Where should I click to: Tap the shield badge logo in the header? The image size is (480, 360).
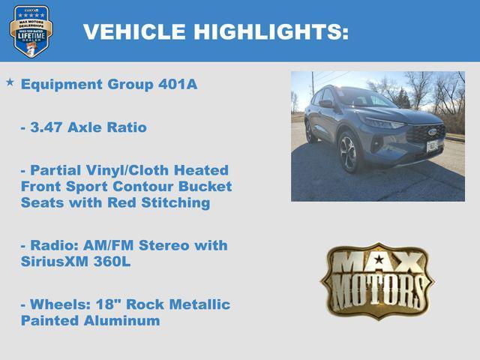point(31,31)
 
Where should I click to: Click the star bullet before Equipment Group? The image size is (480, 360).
point(10,81)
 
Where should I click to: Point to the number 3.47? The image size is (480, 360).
point(46,127)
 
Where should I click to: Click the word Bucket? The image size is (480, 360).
point(208,187)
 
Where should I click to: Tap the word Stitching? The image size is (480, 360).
point(177,203)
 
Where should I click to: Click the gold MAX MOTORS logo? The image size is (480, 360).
point(377,280)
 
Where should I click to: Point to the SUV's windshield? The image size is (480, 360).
point(364,97)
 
